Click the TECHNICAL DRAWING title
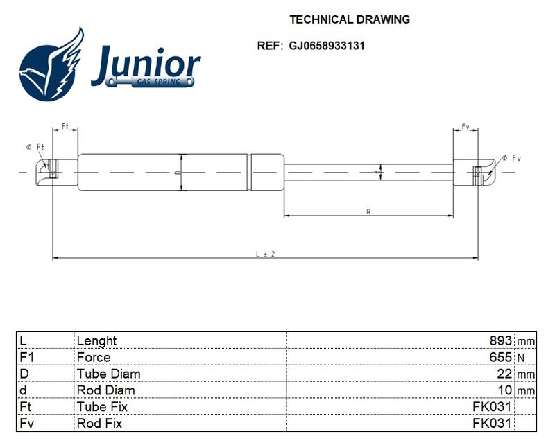(350, 19)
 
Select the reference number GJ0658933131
(327, 46)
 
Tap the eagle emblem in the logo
(51, 64)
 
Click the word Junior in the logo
(146, 64)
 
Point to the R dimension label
(368, 211)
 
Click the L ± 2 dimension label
(266, 254)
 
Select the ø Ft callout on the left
(35, 147)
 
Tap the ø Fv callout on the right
(511, 158)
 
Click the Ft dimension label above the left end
(65, 126)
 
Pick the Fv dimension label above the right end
(466, 126)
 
